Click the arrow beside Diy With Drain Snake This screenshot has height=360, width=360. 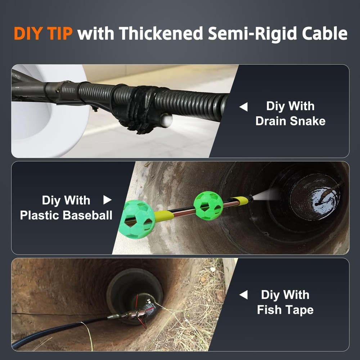click(244, 107)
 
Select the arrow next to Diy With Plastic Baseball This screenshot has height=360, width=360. click(107, 200)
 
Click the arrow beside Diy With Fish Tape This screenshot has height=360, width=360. click(244, 295)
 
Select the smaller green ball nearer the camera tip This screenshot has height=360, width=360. click(208, 206)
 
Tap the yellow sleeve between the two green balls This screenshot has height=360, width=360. click(164, 216)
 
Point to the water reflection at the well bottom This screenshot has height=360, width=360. click(326, 197)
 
